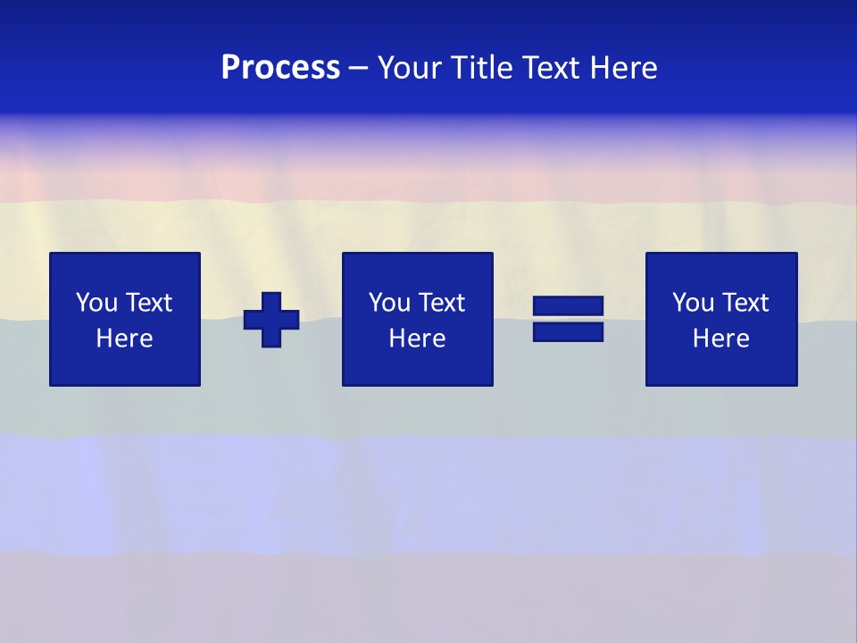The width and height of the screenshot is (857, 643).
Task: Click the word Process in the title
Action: [x=280, y=68]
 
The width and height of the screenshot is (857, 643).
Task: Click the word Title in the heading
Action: [x=482, y=68]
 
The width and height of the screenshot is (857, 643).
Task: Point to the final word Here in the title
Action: [x=624, y=68]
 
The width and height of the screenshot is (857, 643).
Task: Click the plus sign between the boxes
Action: [x=271, y=320]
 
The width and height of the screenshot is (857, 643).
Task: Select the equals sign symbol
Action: [x=568, y=320]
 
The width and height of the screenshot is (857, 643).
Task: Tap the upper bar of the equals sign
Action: [x=568, y=307]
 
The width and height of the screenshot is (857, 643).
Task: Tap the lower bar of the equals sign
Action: [x=568, y=332]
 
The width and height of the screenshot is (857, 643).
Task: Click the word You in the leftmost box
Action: [x=96, y=303]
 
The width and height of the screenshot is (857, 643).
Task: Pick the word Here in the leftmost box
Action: [x=124, y=338]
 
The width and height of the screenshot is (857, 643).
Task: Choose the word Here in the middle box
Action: [x=417, y=338]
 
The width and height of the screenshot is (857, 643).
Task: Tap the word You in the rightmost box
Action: [x=693, y=303]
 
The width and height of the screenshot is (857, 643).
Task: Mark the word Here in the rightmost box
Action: [x=720, y=338]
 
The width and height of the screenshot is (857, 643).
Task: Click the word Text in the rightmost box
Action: [x=744, y=303]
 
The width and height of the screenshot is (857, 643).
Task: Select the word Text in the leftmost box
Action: [x=147, y=303]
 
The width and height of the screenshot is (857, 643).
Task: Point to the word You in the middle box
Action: [x=389, y=303]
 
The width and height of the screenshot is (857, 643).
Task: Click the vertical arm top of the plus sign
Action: [x=271, y=300]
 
